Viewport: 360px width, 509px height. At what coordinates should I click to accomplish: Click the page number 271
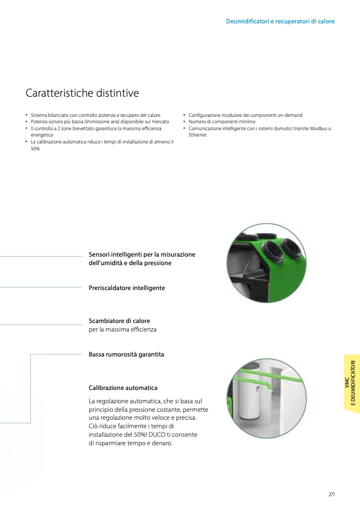(331, 495)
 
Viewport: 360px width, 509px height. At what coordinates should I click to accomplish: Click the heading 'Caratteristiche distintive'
(82, 93)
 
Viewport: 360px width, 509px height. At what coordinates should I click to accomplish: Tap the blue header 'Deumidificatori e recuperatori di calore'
(280, 21)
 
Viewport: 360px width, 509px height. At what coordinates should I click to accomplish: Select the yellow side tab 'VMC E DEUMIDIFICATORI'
(352, 384)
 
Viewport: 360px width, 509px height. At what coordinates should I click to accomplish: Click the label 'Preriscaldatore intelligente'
(127, 288)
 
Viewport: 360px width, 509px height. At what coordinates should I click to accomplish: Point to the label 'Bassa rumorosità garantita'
(127, 354)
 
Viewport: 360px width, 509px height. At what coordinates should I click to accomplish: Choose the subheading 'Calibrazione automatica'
(123, 387)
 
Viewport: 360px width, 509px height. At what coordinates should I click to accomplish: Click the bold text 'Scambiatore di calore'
(119, 321)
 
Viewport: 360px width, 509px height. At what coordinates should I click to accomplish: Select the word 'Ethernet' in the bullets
(197, 135)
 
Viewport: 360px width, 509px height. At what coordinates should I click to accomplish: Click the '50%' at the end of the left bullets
(35, 149)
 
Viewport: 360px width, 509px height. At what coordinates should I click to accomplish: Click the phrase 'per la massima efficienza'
(122, 329)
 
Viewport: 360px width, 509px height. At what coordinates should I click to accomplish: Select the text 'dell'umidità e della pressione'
(130, 263)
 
